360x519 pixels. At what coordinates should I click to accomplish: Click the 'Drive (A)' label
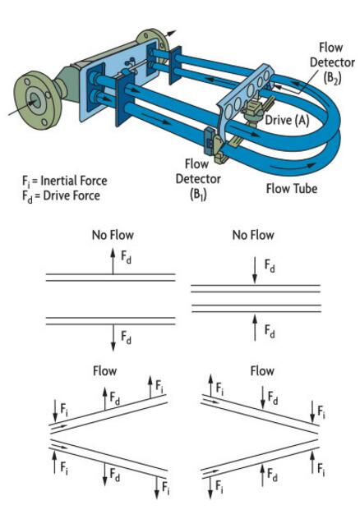point(287,120)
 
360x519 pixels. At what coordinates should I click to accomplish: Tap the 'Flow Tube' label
point(292,189)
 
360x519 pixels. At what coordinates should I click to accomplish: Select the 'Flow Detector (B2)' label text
point(332,62)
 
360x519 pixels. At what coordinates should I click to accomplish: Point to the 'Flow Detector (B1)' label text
point(198,179)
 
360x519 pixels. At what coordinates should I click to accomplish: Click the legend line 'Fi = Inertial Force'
point(65,181)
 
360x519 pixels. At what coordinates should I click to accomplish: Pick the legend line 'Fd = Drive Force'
point(61,196)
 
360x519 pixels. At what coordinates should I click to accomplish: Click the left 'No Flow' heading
point(113,235)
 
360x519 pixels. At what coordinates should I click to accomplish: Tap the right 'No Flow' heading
point(253,235)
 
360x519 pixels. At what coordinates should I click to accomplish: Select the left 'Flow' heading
point(104,370)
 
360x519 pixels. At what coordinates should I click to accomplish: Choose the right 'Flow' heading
point(262,370)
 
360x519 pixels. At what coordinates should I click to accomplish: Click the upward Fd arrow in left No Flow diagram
point(113,261)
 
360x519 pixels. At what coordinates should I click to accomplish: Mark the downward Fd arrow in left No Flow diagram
point(113,338)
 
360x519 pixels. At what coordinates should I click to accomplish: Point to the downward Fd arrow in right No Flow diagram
point(254,270)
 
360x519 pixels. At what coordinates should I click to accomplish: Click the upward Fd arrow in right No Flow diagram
point(254,328)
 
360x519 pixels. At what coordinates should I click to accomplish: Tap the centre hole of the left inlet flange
point(36,101)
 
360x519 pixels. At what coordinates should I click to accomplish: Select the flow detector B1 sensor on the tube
point(214,145)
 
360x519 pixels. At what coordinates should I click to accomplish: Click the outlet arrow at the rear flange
point(171,33)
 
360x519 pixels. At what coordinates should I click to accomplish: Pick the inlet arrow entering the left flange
point(21,108)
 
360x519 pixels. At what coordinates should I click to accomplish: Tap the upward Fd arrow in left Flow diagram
point(104,398)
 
